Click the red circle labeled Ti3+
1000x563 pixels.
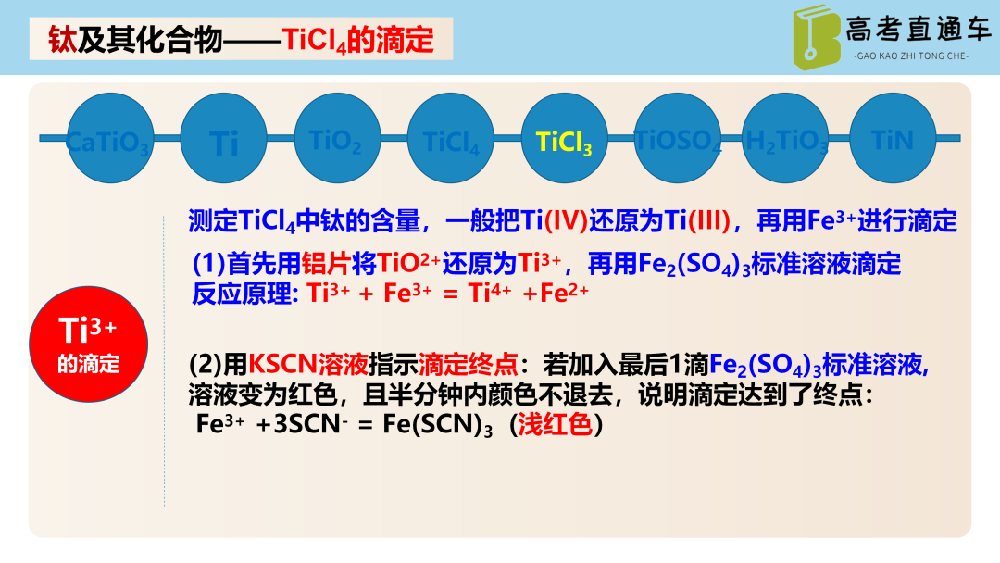89,343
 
